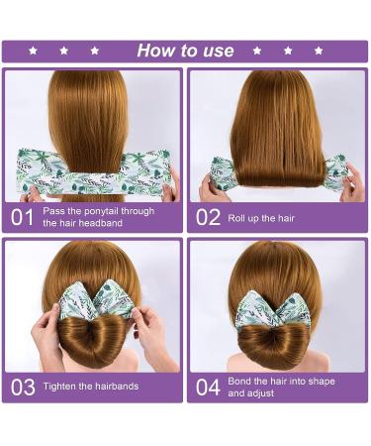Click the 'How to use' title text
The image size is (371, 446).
(185, 51)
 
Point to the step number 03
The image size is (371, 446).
(22, 386)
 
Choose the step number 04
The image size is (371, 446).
(207, 386)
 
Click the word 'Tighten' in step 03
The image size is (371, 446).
(62, 386)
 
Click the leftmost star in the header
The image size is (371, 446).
(33, 51)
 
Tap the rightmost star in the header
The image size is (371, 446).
(319, 51)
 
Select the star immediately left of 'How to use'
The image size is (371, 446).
(95, 51)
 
